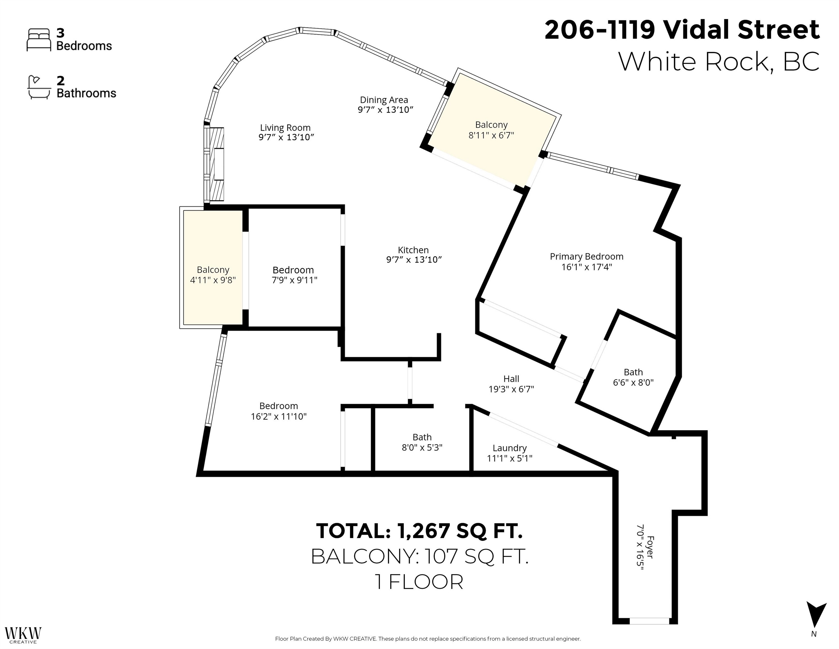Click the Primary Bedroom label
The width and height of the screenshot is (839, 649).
point(586,257)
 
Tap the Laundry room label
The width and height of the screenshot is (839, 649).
point(509,448)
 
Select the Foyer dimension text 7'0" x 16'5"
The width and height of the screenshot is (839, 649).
point(640,547)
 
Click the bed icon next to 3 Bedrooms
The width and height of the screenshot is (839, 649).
point(38,40)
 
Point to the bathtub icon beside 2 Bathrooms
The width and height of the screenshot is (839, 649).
point(38,88)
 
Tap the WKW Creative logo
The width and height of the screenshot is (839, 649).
point(23,635)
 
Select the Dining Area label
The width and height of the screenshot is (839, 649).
point(384,100)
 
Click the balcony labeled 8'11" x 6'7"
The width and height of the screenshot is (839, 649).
point(491,130)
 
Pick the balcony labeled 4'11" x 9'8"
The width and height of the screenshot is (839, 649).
point(213,275)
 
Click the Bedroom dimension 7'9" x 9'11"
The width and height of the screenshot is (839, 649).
point(294,280)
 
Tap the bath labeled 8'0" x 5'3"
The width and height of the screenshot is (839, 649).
point(422,442)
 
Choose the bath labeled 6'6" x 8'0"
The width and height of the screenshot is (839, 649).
point(633,377)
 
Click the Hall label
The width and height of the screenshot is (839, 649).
point(511,379)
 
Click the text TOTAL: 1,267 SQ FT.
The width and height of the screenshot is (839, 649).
point(419,531)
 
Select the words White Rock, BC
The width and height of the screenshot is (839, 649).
point(718,61)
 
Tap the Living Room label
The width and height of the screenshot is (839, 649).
point(285,128)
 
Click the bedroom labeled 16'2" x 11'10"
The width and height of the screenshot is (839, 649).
point(279,411)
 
